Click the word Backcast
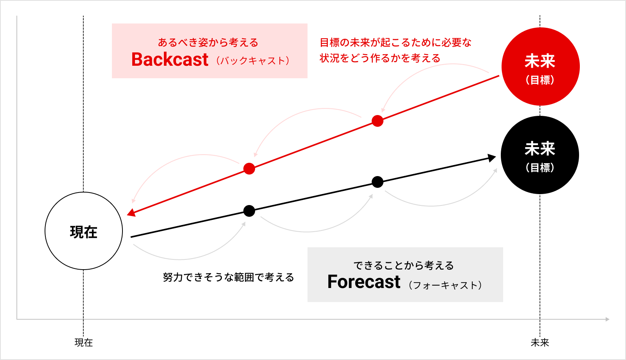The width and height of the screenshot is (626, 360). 170,59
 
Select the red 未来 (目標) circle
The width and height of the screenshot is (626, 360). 540,67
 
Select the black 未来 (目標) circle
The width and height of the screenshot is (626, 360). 540,155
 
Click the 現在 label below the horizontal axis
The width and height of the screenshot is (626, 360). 84,342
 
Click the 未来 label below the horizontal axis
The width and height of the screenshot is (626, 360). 540,342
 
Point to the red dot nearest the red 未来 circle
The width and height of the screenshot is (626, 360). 378,121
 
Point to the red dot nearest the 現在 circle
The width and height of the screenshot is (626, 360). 249,169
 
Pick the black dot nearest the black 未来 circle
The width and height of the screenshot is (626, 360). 378,182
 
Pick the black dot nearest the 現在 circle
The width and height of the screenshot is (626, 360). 249,211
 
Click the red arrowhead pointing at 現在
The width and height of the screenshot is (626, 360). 131,213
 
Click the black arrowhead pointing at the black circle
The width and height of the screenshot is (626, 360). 492,158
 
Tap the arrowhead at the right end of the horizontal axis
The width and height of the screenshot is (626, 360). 607,319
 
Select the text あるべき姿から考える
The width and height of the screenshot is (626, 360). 208,43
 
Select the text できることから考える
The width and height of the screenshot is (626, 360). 404,266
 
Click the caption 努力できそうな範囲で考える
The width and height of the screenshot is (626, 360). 228,277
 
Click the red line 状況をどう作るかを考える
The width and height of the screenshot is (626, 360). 380,58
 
